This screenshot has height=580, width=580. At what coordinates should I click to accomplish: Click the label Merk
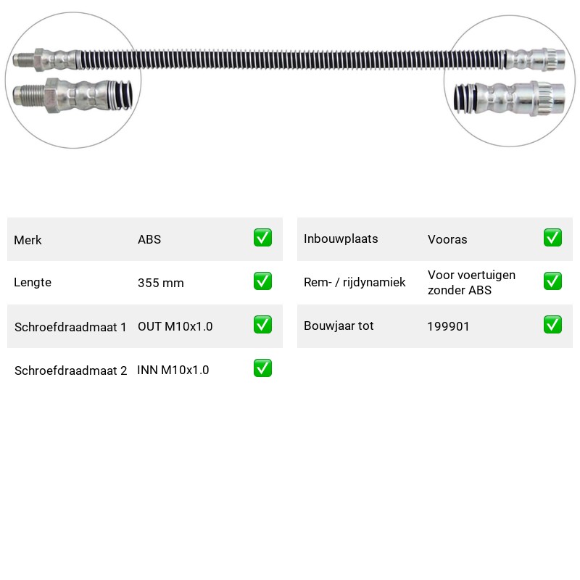point(28,240)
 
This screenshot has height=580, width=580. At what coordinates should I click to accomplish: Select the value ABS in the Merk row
point(149,239)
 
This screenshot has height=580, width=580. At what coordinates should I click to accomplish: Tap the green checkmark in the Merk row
point(262,238)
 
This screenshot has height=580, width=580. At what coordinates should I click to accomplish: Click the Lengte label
point(33,282)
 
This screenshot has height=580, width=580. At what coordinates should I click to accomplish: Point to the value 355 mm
point(160,283)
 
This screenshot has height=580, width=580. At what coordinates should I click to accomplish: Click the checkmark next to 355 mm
point(262,281)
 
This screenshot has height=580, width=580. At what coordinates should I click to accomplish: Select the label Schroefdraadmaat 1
point(70,327)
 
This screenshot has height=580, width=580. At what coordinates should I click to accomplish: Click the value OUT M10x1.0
point(175,326)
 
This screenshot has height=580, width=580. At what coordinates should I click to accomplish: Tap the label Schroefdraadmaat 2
point(70,370)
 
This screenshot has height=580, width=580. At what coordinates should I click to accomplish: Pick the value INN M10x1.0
point(173,370)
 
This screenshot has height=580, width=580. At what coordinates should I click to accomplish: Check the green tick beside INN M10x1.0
point(262,368)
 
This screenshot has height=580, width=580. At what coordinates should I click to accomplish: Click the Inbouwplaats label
point(341,239)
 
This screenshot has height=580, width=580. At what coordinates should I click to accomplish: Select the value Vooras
point(447,240)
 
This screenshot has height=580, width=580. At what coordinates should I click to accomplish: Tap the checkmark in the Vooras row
point(552,238)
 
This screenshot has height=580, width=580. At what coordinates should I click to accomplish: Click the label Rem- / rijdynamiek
point(355,282)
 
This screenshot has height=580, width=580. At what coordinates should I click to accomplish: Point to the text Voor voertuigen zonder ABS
point(472,283)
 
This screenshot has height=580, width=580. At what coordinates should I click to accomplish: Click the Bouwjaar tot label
point(339,326)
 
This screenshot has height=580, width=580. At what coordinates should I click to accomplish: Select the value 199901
point(448,326)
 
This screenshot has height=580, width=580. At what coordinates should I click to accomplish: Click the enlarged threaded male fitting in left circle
point(72,95)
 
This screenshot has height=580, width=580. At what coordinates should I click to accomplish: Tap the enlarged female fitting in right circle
point(510,99)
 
